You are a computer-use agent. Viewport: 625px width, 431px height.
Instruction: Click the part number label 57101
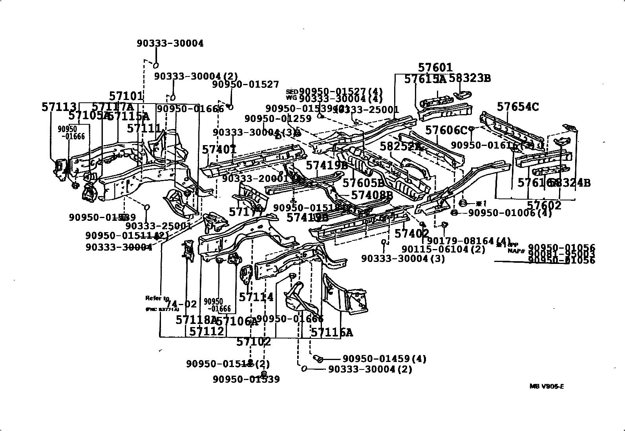pyautogui.click(x=126, y=96)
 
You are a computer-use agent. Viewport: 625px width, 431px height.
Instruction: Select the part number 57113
pyautogui.click(x=59, y=107)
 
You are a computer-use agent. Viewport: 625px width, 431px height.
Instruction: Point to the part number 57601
pyautogui.click(x=435, y=68)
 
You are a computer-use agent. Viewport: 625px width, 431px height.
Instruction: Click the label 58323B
pyautogui.click(x=470, y=78)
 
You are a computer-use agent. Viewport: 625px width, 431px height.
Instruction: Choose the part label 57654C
pyautogui.click(x=518, y=107)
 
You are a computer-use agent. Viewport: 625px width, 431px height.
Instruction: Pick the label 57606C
pyautogui.click(x=446, y=130)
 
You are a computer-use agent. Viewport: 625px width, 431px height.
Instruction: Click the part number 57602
pyautogui.click(x=544, y=205)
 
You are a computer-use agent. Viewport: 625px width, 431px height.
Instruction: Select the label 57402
pyautogui.click(x=411, y=234)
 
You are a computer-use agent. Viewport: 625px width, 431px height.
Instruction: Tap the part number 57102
pyautogui.click(x=254, y=342)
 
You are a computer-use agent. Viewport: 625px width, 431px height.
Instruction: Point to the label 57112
pyautogui.click(x=207, y=332)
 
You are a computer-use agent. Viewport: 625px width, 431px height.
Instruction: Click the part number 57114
pyautogui.click(x=256, y=297)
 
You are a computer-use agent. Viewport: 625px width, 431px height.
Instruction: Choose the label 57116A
pyautogui.click(x=332, y=333)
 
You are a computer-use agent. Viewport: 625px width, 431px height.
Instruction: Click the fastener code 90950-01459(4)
pyautogui.click(x=384, y=358)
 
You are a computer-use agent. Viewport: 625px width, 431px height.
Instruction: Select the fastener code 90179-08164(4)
pyautogui.click(x=469, y=241)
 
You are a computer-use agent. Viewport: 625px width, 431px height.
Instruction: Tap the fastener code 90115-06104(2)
pyautogui.click(x=443, y=249)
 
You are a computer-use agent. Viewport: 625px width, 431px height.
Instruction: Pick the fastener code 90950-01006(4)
pyautogui.click(x=510, y=213)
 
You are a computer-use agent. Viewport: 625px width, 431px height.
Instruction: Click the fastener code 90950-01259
pyautogui.click(x=278, y=118)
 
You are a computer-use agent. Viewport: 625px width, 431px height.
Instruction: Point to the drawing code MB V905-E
pyautogui.click(x=546, y=386)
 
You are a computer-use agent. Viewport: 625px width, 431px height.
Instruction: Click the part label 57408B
pyautogui.click(x=372, y=195)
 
